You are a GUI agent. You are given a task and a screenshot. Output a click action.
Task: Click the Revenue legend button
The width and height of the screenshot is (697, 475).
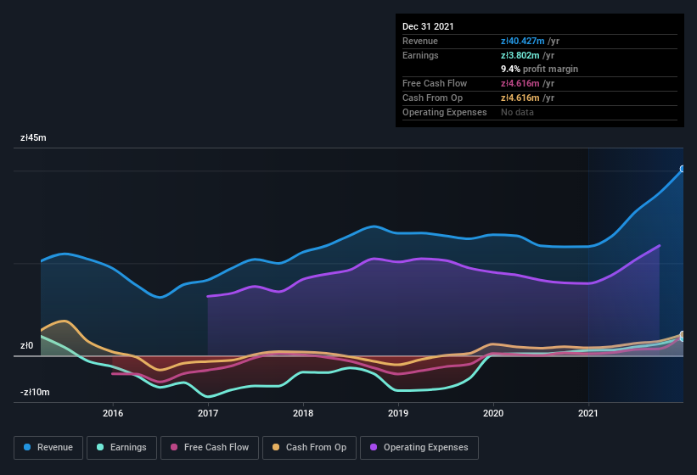coord(48,447)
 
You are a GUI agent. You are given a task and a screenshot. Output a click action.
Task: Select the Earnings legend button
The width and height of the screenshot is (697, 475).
coord(121,447)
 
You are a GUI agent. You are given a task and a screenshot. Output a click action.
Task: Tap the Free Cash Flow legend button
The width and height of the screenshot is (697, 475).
coord(209,447)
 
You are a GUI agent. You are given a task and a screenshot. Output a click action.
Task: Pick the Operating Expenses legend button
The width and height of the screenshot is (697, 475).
coord(419,447)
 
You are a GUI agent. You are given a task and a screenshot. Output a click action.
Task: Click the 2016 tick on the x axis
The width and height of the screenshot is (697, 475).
coord(113,414)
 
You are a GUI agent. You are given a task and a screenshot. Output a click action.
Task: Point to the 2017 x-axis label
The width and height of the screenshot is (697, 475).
coord(208,414)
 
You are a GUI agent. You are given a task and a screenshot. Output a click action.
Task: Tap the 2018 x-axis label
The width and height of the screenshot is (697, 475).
coord(303,414)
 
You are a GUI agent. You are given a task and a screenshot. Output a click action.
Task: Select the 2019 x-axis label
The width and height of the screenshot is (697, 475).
coord(398,414)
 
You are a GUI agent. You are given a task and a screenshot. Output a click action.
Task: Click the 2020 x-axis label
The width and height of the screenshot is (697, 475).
coord(493,414)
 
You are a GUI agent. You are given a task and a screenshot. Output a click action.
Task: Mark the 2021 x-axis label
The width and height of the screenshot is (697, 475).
coord(588,414)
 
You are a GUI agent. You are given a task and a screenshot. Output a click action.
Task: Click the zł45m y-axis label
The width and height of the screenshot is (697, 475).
coord(35,137)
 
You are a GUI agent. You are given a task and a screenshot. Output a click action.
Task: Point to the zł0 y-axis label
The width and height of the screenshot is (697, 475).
coord(27,346)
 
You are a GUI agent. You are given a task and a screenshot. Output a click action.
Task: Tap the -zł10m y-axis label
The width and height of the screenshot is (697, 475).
coord(35,392)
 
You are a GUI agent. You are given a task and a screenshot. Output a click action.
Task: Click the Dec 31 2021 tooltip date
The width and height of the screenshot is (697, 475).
coord(428,26)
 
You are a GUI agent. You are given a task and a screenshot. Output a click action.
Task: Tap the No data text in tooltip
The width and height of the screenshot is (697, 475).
coord(517,112)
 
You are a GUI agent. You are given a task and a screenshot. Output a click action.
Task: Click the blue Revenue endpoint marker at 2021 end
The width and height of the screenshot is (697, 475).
coord(683,169)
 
